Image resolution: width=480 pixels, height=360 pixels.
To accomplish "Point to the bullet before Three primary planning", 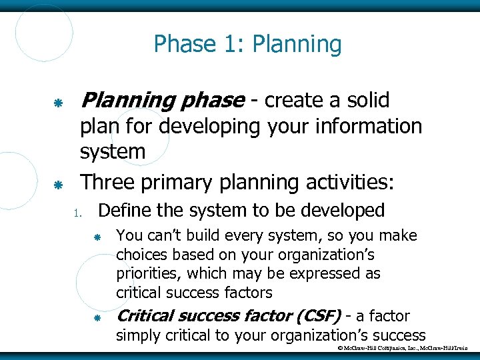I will click(58, 185).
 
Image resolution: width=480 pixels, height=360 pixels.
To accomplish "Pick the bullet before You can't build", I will click(97, 238).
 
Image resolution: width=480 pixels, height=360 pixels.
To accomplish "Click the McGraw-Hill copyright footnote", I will click(403, 349).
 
